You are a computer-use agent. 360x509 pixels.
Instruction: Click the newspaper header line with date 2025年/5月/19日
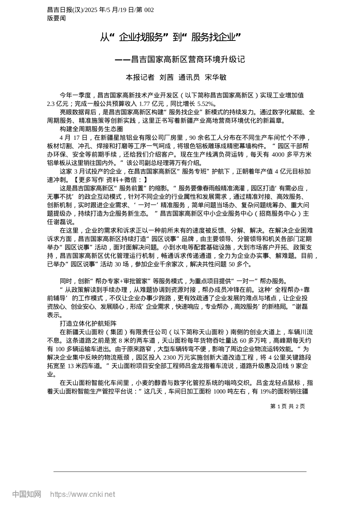100,10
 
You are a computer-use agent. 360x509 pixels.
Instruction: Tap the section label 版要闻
56,18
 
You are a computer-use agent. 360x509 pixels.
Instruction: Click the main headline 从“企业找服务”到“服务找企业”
171,37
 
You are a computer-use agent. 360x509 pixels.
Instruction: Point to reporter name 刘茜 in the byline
166,77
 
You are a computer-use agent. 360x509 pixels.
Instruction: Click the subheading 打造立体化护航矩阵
88,323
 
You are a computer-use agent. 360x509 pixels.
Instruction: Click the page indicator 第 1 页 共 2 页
288,406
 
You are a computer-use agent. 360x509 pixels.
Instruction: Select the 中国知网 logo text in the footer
27,494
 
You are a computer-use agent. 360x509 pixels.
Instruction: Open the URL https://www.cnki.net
82,494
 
